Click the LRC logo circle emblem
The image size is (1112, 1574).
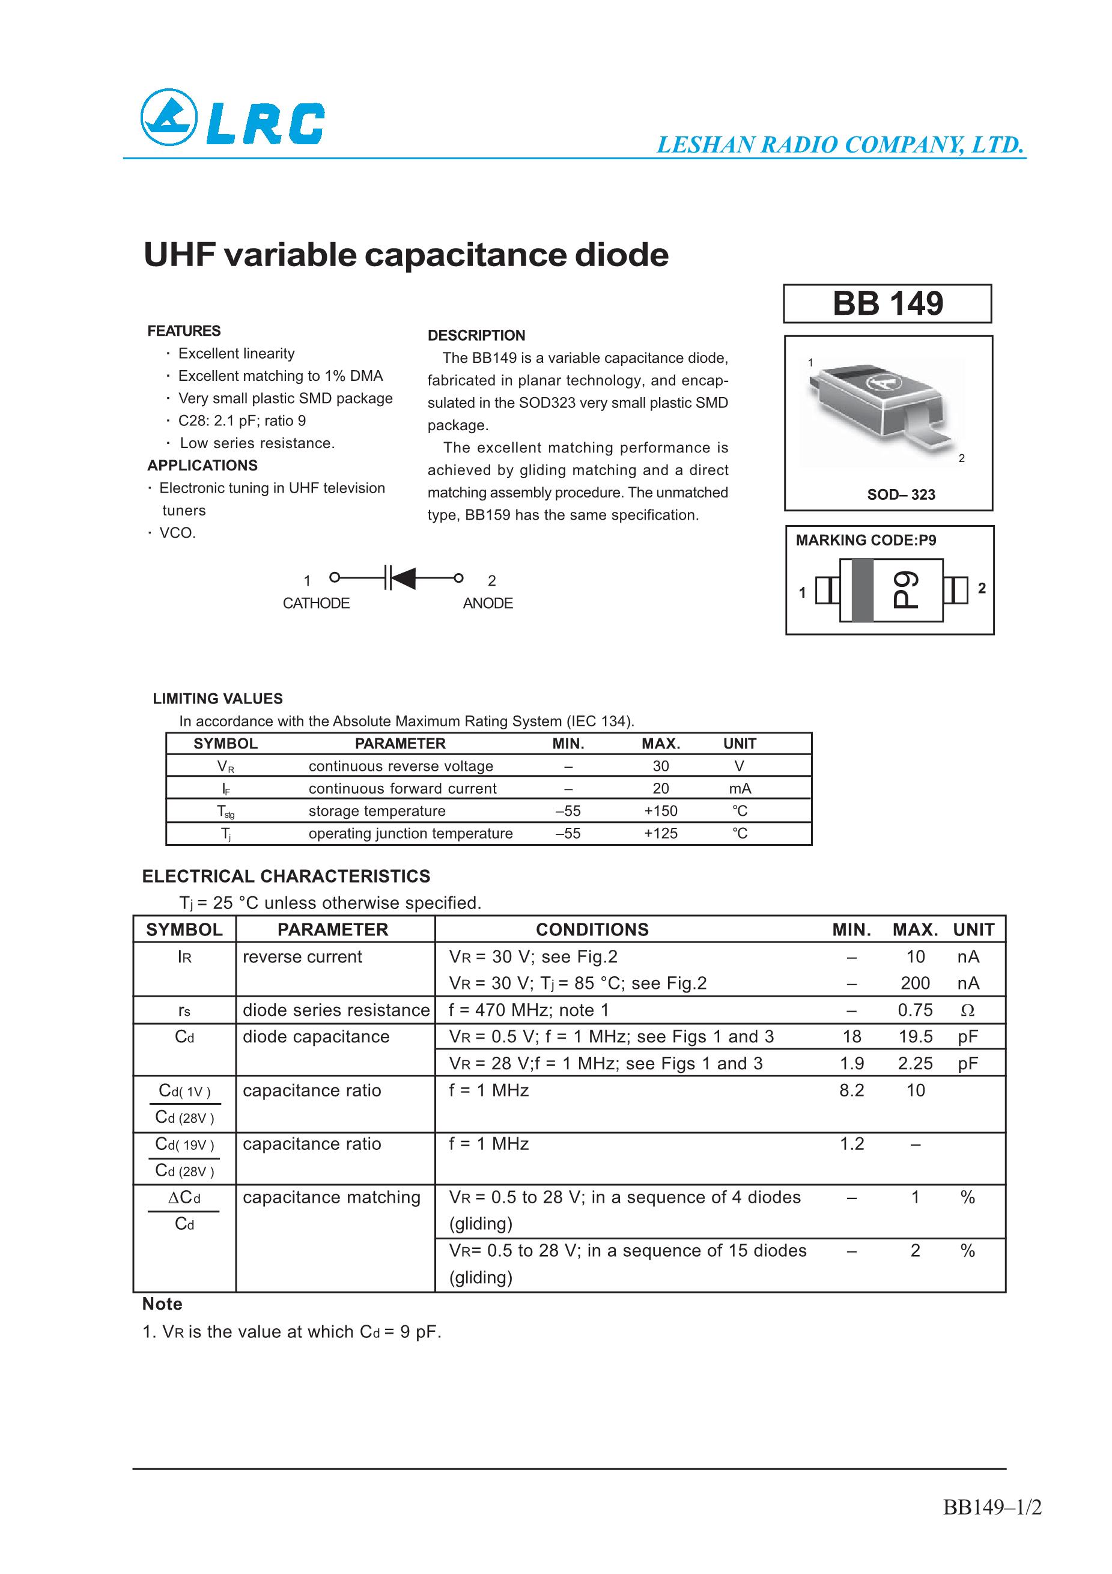pyautogui.click(x=169, y=117)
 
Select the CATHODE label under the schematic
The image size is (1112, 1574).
pyautogui.click(x=316, y=603)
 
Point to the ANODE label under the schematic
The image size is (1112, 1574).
pyautogui.click(x=487, y=603)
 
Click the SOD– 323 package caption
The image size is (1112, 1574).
pyautogui.click(x=901, y=494)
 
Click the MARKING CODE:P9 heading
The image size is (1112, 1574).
pyautogui.click(x=865, y=540)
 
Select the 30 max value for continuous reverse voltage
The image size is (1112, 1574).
pyautogui.click(x=660, y=766)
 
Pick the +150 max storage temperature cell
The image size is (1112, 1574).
pyautogui.click(x=660, y=811)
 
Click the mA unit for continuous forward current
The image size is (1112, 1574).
pyautogui.click(x=740, y=788)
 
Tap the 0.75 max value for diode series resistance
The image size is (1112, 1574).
pyautogui.click(x=914, y=1010)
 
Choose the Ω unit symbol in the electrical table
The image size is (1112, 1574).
pyautogui.click(x=967, y=1010)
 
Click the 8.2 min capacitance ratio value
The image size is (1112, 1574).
pyautogui.click(x=851, y=1090)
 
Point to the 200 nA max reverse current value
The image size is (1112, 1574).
pyautogui.click(x=914, y=983)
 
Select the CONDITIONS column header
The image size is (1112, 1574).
pyautogui.click(x=592, y=929)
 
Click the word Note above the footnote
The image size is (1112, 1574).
pyautogui.click(x=162, y=1304)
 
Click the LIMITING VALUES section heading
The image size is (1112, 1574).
pyautogui.click(x=217, y=699)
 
